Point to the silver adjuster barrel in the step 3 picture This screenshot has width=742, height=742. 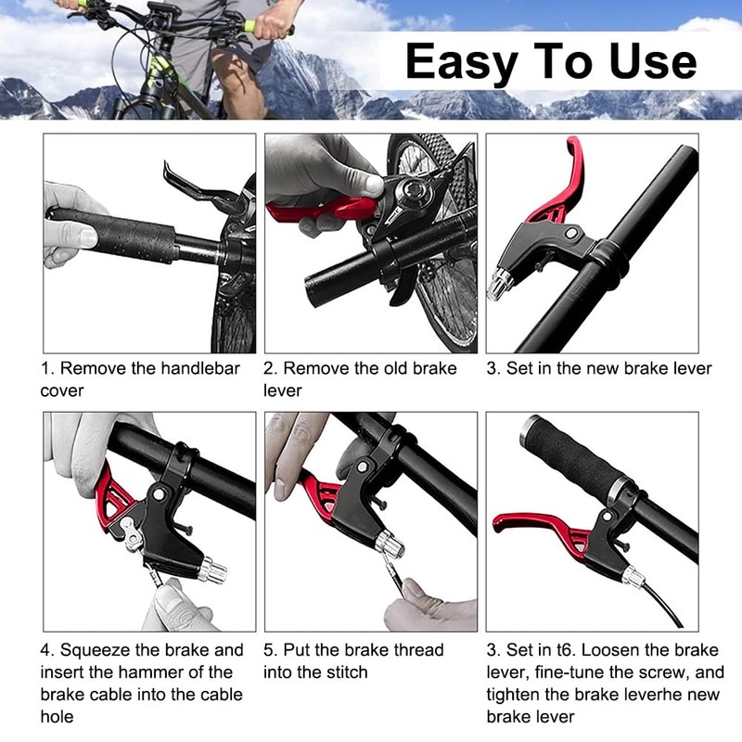tap(500, 283)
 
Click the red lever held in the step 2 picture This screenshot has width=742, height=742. tap(322, 211)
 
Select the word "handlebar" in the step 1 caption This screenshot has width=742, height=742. tap(200, 368)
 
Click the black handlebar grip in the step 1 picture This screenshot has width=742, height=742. tap(113, 235)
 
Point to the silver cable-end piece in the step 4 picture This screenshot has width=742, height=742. tap(133, 534)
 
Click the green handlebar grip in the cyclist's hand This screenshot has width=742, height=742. tap(249, 27)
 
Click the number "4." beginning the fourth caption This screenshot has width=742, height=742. tap(47, 650)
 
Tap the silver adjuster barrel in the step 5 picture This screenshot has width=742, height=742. tap(390, 544)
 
